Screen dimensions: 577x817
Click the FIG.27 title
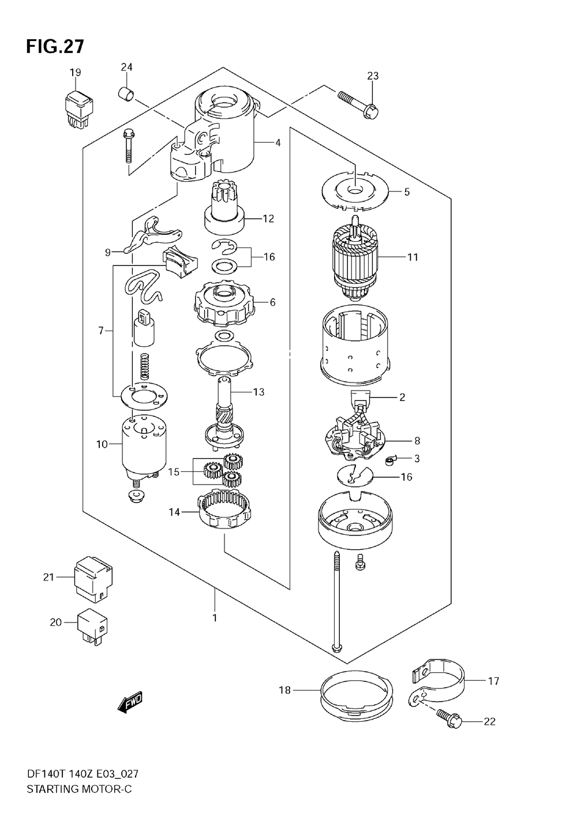coord(55,47)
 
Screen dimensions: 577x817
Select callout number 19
coord(76,73)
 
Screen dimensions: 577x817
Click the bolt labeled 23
coord(358,104)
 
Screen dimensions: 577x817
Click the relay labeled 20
coord(92,627)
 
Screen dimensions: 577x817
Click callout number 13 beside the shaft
coord(258,392)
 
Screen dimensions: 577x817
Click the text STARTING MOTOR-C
coord(79,789)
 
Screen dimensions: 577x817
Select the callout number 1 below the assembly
coord(215,618)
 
